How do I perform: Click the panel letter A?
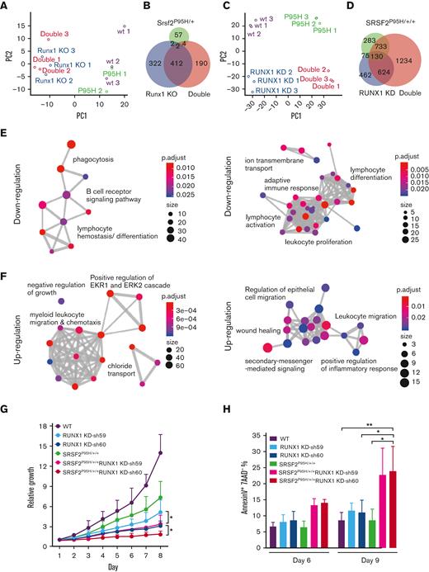coord(7,7)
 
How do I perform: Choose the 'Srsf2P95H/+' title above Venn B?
coord(165,9)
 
